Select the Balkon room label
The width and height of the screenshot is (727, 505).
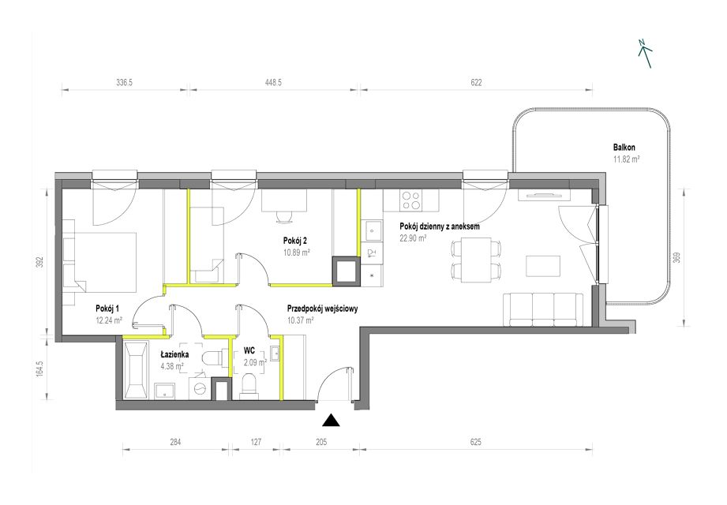pos(624,148)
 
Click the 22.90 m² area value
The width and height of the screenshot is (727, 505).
pos(413,238)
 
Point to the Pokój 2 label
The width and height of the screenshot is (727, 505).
pos(295,241)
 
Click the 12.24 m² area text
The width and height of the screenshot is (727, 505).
pos(109,320)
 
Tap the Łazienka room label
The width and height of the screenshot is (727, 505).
pos(174,355)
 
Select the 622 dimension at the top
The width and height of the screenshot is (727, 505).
pos(476,83)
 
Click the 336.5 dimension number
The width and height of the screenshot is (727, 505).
pos(124,83)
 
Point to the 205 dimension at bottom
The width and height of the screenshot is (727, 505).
pos(320,442)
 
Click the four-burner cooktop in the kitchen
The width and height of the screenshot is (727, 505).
pos(410,200)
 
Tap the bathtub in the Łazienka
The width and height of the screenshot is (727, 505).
pos(136,369)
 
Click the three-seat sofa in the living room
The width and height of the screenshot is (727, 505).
pos(543,309)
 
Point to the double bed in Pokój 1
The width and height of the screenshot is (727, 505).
pos(100,262)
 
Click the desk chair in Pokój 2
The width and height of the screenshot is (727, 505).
pos(283,217)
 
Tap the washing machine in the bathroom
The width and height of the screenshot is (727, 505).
pos(200,387)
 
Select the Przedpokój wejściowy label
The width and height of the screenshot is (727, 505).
pos(322,309)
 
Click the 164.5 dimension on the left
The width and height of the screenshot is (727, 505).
pos(39,368)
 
